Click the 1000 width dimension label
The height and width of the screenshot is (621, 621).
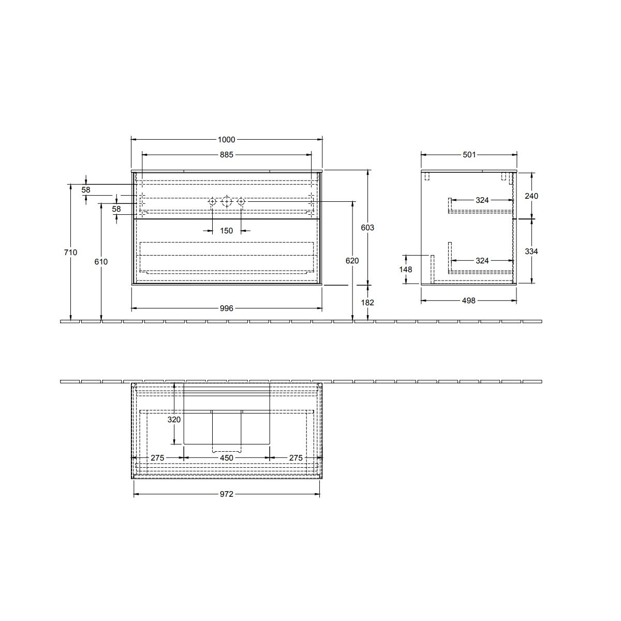coord(227,140)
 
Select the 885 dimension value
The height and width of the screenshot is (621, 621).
coord(227,155)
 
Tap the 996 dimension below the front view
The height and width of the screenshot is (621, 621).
coord(227,308)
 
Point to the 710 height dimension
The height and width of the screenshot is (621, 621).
coord(70,253)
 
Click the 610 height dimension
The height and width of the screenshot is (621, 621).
coord(101,262)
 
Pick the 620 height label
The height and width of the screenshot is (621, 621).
coord(352,261)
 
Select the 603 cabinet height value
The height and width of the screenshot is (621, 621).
coord(367,228)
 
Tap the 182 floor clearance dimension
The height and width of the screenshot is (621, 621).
coord(367,302)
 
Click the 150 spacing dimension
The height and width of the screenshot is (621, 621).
coord(227,231)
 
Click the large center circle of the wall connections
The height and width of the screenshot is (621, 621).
coord(227,202)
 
